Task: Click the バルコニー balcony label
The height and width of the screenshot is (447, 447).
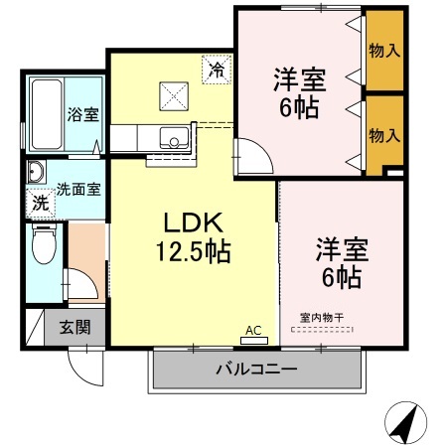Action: (256, 371)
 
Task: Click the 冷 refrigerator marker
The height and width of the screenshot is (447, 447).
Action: (217, 70)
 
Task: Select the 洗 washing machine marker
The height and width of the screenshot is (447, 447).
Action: (40, 202)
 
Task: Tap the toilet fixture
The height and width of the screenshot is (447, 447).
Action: (43, 244)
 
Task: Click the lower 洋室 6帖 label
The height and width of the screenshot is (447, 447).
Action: (339, 260)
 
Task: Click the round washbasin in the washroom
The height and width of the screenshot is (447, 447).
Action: (37, 171)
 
